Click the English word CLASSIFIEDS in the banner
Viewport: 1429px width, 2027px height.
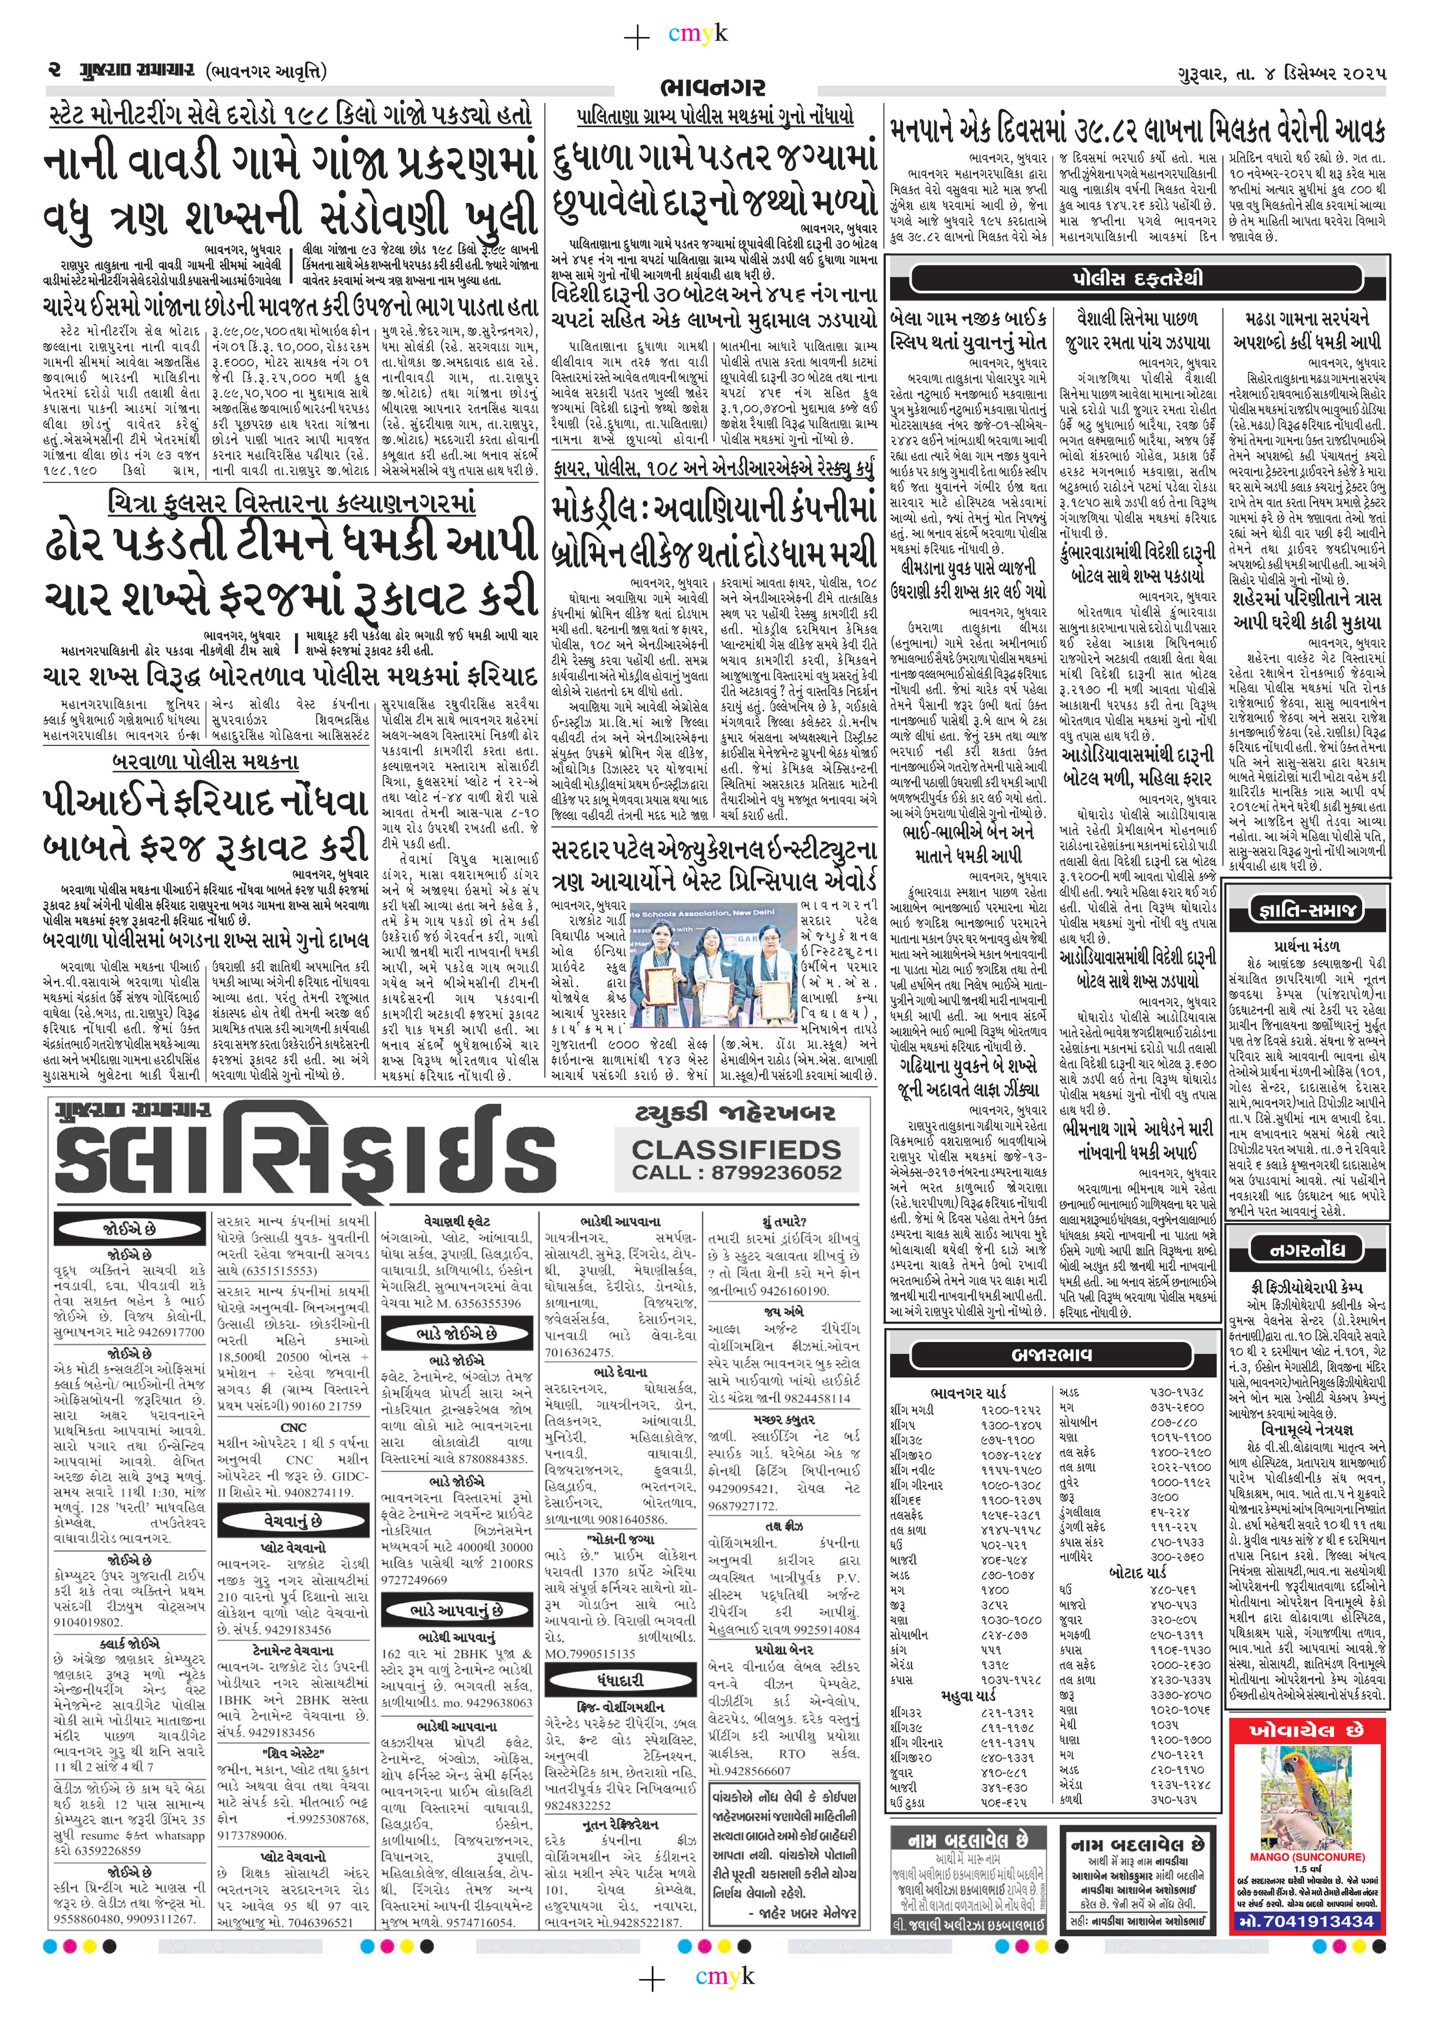coord(736,1150)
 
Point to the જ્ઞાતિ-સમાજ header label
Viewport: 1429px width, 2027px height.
coord(1307,910)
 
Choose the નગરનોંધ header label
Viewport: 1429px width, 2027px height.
coord(1307,1249)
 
